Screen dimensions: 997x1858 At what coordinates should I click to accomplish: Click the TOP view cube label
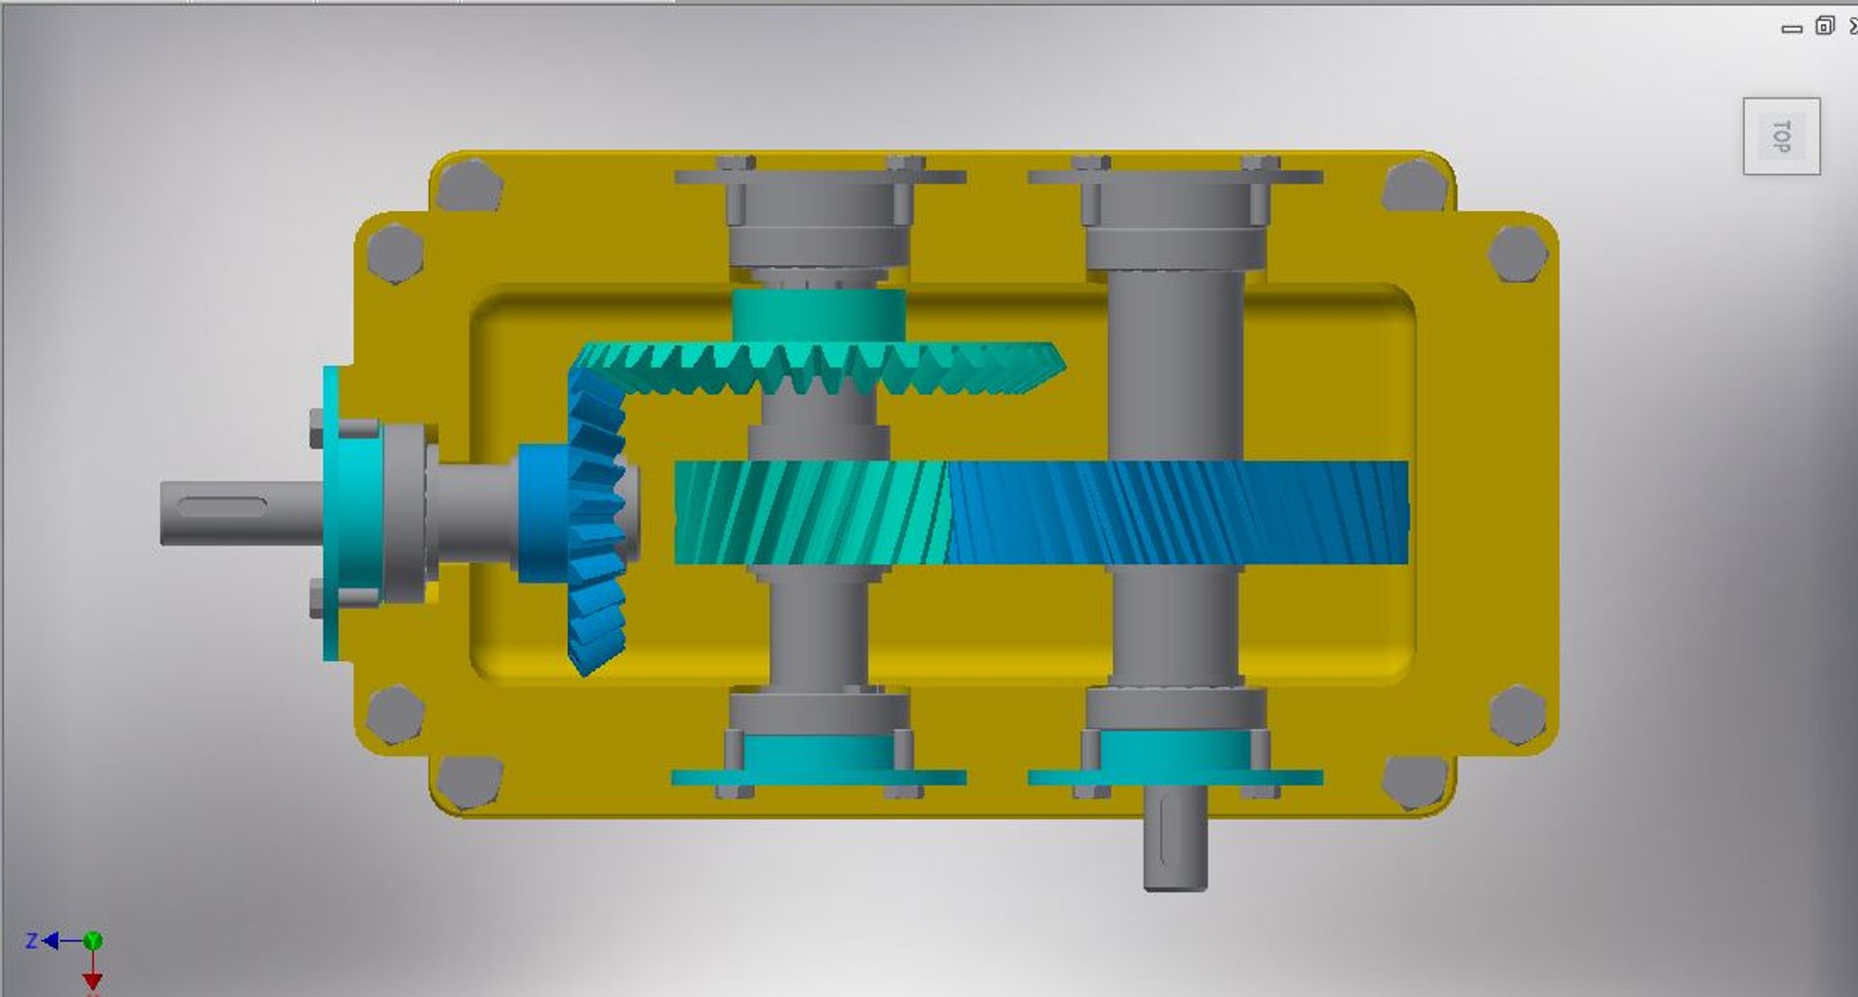[x=1781, y=136]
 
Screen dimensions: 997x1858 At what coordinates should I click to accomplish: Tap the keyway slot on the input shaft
[x=223, y=506]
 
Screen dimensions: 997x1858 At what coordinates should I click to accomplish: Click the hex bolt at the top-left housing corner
[x=468, y=186]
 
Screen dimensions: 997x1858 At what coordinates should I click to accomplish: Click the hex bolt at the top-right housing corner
[x=1415, y=186]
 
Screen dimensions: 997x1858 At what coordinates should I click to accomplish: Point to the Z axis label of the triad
[x=32, y=940]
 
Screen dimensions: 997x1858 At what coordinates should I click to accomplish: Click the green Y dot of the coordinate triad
[x=93, y=940]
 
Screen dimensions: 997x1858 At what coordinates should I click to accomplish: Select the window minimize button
[x=1791, y=28]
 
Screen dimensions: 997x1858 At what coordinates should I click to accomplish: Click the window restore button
[x=1824, y=26]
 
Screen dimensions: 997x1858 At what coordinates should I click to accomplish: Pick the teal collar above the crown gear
[x=819, y=315]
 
